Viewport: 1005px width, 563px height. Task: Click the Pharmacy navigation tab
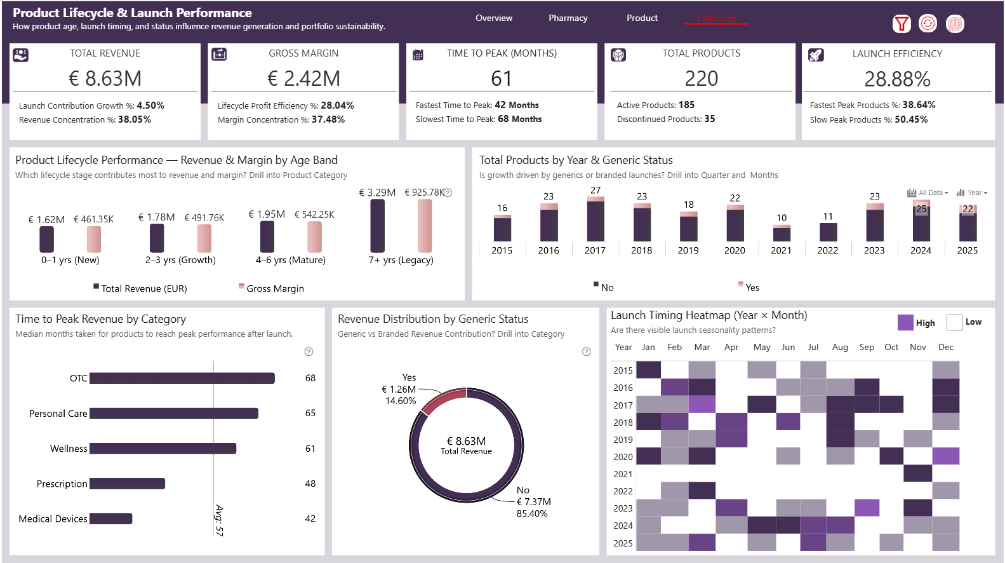click(568, 18)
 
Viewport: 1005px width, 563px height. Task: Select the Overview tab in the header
click(493, 18)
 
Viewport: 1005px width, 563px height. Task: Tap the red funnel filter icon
click(901, 24)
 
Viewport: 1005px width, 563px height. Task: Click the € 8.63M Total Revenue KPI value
click(105, 79)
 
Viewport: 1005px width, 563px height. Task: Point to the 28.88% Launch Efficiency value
click(897, 79)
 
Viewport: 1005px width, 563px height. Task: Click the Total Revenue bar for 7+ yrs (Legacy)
click(377, 226)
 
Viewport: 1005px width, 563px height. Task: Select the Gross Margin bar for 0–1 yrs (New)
click(94, 240)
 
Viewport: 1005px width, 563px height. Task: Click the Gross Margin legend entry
click(274, 288)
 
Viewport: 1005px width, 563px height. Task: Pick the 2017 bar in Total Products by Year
click(596, 219)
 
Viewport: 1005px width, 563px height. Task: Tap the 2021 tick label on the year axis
click(781, 251)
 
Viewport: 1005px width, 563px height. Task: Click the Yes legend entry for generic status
click(752, 288)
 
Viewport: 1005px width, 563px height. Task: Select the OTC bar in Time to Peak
click(182, 378)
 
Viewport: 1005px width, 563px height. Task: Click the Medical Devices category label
click(53, 519)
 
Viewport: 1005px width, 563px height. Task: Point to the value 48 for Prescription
click(310, 484)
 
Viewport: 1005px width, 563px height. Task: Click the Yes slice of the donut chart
click(443, 400)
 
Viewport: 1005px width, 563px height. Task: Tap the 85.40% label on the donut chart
click(532, 514)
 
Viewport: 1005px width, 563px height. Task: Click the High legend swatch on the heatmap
click(905, 323)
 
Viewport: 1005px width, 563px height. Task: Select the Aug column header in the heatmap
click(840, 348)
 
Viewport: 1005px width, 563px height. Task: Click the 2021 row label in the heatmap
click(623, 474)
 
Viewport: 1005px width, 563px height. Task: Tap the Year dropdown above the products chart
click(973, 193)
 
